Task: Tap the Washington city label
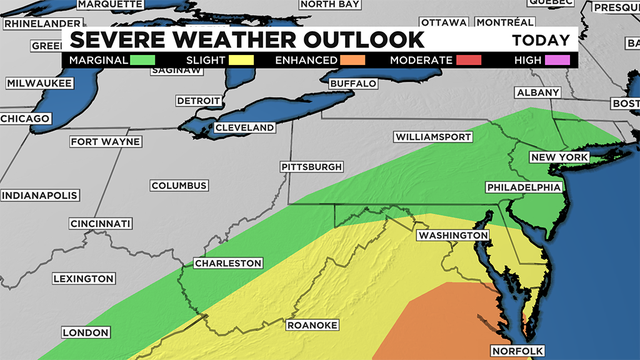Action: [452, 235]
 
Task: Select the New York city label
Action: [558, 158]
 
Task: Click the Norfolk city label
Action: [516, 350]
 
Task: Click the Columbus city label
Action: [179, 186]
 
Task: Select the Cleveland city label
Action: [244, 128]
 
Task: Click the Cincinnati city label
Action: [101, 223]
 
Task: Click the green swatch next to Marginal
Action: [143, 60]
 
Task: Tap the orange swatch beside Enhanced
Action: [359, 60]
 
